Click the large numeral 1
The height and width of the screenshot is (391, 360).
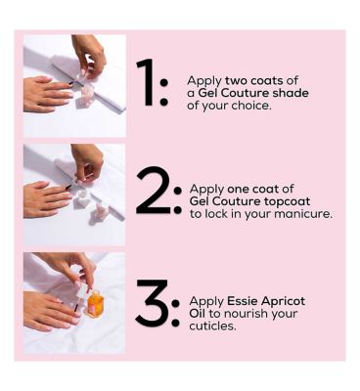(x=147, y=82)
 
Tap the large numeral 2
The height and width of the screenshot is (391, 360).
(x=153, y=191)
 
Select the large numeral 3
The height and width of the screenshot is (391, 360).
(x=153, y=303)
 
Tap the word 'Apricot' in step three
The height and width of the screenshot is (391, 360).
(x=284, y=301)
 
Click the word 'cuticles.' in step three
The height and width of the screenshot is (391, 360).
(x=212, y=326)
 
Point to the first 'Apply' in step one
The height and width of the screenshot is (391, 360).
(x=204, y=81)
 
